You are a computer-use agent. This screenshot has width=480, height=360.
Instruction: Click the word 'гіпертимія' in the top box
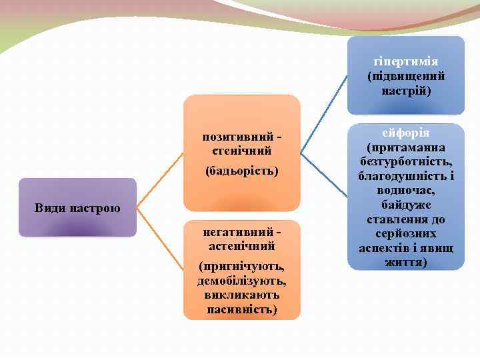tap(405, 62)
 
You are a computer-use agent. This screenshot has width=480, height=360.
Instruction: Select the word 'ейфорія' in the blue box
tap(405, 133)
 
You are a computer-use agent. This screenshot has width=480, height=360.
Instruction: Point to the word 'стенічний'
tap(242, 151)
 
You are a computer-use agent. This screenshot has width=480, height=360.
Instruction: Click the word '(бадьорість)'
tap(242, 171)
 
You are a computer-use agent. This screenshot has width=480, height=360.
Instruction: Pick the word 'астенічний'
tap(242, 245)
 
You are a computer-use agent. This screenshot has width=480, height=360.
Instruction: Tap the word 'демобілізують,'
tap(242, 281)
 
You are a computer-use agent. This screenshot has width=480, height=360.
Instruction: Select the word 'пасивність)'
tap(242, 309)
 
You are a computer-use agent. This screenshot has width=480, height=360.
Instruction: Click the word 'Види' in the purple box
tap(49, 208)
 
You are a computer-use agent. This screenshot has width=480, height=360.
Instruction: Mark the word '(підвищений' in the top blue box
tap(405, 76)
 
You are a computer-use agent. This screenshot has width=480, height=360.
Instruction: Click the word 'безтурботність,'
tap(405, 162)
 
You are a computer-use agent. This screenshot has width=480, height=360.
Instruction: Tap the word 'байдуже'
tap(405, 205)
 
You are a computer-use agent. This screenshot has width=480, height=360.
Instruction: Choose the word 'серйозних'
tap(405, 234)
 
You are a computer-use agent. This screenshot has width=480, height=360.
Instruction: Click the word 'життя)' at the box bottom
tap(405, 263)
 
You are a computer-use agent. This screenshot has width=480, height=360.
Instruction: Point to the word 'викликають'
tap(242, 295)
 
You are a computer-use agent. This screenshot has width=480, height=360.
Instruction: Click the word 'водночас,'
tap(405, 191)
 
